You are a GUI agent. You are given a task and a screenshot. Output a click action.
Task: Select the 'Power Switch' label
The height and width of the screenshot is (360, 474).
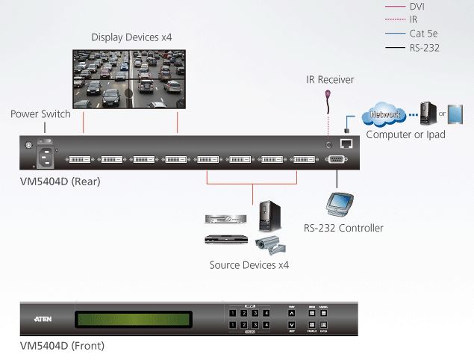coord(40,114)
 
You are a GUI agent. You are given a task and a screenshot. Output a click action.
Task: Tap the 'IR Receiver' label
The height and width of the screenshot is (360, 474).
coord(330,80)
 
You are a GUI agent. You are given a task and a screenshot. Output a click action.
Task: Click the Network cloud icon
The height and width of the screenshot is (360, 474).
coord(384,116)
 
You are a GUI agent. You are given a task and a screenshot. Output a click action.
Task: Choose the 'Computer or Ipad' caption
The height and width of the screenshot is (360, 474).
coord(405,134)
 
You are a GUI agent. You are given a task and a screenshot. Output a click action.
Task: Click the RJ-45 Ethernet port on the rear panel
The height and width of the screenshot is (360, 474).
coord(346,143)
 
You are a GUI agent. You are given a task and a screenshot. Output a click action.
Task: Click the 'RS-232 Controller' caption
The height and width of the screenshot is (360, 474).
coord(343,228)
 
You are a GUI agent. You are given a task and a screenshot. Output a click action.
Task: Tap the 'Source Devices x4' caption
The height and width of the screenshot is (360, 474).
coord(249,265)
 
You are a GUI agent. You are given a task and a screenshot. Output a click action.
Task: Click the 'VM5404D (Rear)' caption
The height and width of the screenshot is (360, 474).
coord(60,181)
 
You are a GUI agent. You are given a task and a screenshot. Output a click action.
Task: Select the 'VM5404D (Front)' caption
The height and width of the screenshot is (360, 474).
coord(62,346)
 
